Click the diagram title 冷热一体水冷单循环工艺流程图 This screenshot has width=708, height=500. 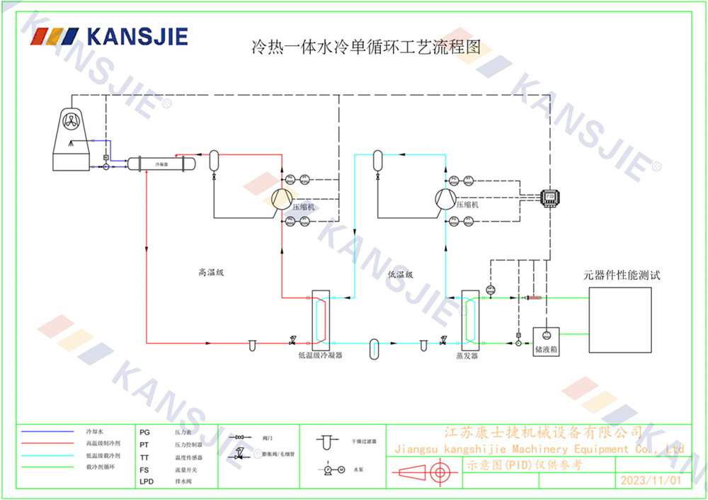click(366, 47)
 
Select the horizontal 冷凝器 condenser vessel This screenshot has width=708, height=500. click(161, 164)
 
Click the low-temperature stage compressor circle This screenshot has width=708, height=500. click(445, 199)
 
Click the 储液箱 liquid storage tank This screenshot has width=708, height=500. click(547, 339)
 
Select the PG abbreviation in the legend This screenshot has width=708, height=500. click(144, 431)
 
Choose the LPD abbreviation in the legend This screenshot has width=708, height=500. click(146, 482)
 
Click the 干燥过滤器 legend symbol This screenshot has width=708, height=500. click(325, 441)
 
